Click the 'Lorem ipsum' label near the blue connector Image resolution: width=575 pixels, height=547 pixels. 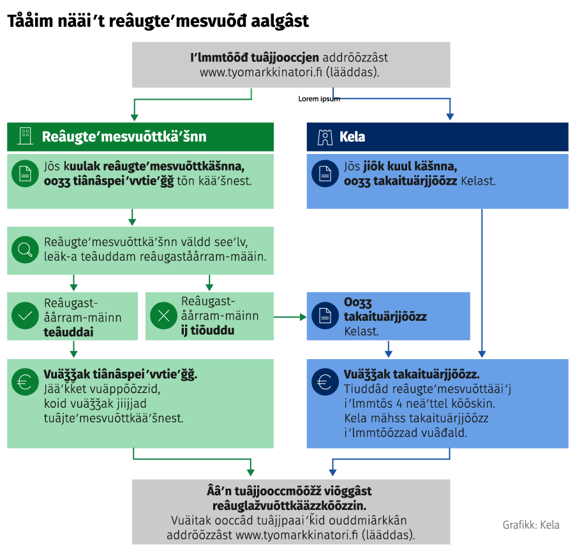point(319,99)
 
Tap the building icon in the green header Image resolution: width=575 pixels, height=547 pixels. point(26,136)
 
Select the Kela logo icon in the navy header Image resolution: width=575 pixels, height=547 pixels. point(325,137)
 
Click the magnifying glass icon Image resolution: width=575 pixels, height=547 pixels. point(25,250)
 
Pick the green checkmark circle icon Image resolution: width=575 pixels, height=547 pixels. point(25,316)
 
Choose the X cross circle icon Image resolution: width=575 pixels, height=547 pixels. point(163,315)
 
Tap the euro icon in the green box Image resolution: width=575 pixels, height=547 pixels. point(25,381)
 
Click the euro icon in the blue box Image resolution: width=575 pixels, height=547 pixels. point(325,381)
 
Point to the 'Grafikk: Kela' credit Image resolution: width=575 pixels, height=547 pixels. point(531,525)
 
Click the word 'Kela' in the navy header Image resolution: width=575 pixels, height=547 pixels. point(352,137)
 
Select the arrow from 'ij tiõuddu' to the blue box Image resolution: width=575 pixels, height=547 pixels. point(290,317)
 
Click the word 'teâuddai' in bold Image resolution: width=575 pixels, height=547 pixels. point(68,332)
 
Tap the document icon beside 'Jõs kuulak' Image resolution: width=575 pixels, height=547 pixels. point(25,174)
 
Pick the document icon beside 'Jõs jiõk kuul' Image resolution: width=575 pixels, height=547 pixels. point(325,174)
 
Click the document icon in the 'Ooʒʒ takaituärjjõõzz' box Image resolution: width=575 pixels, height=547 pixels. point(325,316)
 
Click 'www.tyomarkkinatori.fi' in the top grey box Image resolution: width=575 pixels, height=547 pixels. point(261,72)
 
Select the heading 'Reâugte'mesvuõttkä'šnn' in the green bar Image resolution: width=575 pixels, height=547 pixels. point(124,137)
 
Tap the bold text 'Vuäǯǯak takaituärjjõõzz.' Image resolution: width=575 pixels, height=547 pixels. point(412,374)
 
